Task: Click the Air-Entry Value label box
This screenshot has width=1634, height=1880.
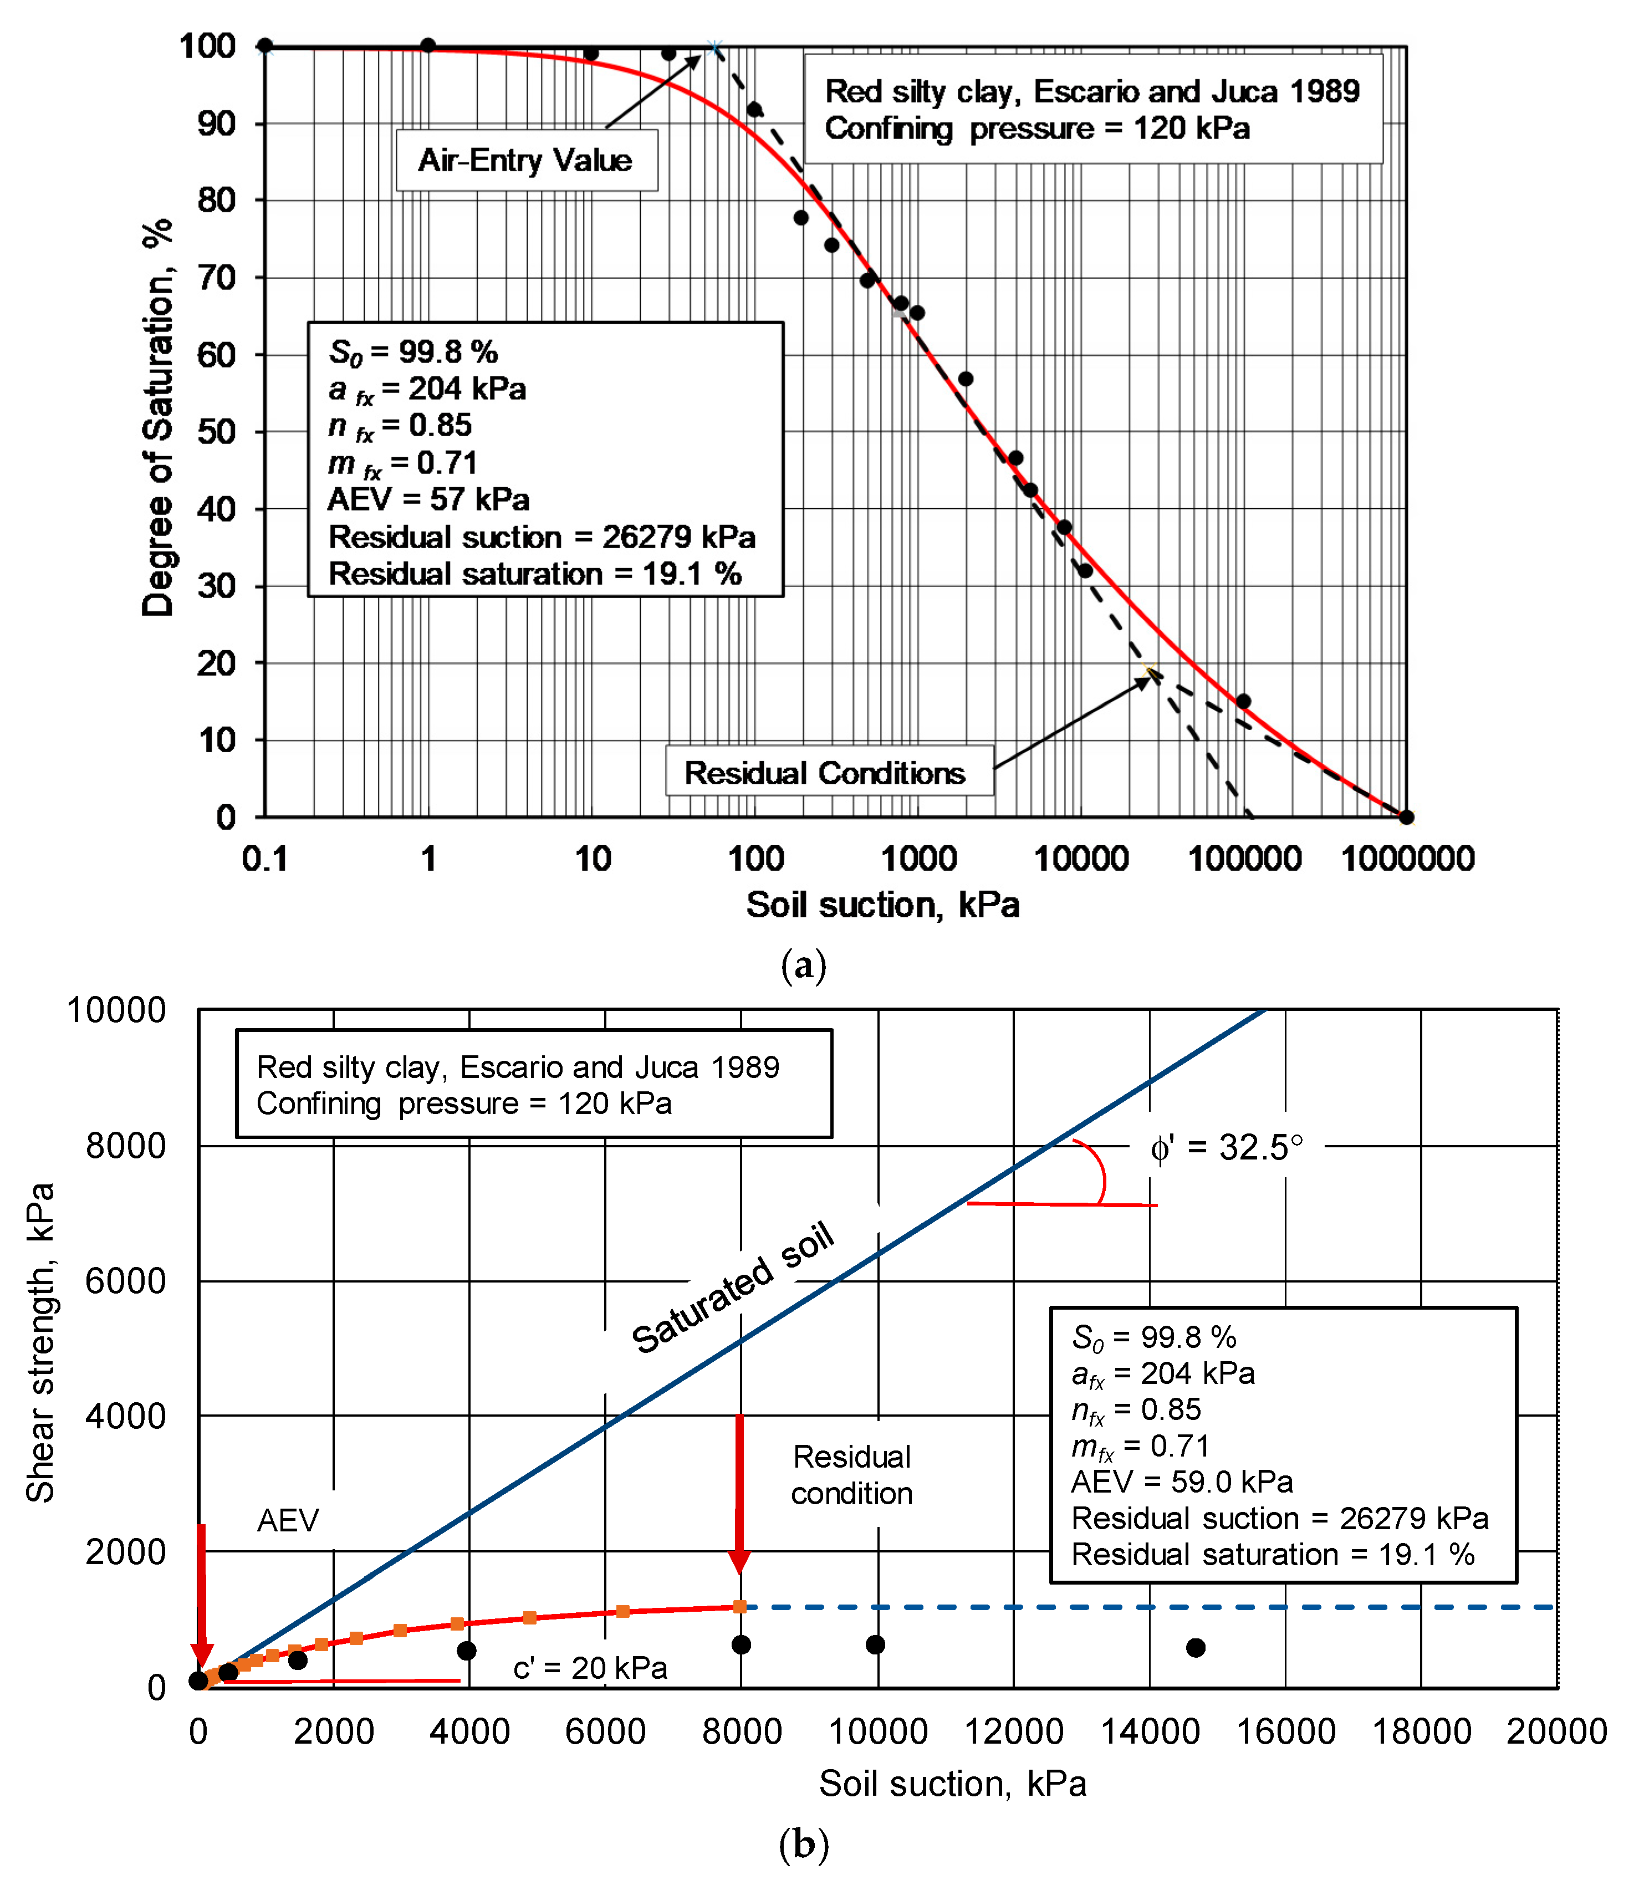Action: [x=526, y=161]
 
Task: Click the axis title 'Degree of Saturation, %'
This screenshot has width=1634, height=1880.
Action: [x=158, y=417]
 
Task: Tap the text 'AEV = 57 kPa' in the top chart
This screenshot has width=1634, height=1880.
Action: [x=428, y=499]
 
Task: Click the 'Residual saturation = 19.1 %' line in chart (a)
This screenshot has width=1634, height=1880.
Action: [x=535, y=574]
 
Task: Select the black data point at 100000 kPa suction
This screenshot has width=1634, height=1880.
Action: [x=1243, y=701]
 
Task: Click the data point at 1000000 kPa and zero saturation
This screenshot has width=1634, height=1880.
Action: [x=1406, y=817]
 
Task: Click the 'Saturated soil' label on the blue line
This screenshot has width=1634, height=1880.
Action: [x=733, y=1288]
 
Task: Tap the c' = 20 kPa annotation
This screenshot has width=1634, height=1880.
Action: [x=590, y=1668]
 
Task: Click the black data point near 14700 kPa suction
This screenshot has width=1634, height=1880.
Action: [x=1196, y=1648]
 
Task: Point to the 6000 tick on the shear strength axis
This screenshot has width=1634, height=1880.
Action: [x=126, y=1281]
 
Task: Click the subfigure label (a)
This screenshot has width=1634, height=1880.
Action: [x=803, y=964]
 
